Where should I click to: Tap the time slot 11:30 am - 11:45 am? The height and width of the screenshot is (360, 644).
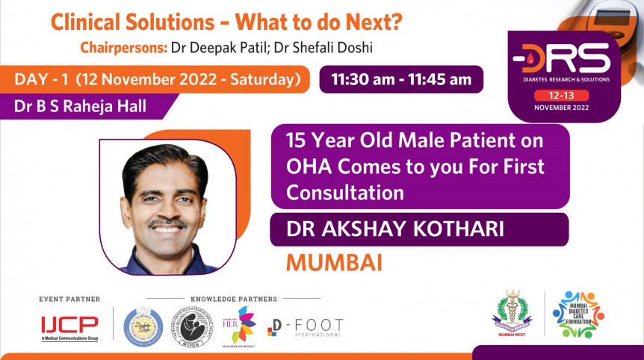[401, 79]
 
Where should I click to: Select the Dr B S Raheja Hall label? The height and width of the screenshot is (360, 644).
[81, 107]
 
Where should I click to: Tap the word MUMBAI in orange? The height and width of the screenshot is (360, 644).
[334, 263]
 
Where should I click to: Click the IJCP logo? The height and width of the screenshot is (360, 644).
[69, 326]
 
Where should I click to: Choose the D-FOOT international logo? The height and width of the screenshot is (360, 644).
[306, 326]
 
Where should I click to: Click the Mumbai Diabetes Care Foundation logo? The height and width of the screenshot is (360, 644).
[578, 314]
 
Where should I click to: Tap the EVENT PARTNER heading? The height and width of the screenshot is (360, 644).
[69, 299]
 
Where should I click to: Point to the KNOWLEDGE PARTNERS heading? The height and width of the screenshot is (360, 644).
[234, 299]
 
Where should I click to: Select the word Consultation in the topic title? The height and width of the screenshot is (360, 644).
[345, 192]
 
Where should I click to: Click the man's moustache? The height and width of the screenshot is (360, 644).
[167, 223]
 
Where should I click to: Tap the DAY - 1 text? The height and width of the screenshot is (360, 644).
[42, 79]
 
